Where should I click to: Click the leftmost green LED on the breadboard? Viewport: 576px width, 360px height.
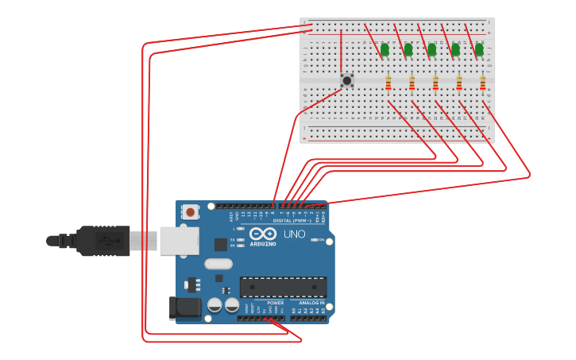pyautogui.click(x=385, y=50)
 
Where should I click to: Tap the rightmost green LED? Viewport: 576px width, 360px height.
pyautogui.click(x=479, y=50)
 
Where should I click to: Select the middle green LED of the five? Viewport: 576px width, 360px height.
pyautogui.click(x=431, y=50)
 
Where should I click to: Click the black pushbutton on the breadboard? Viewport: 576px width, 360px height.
pyautogui.click(x=346, y=80)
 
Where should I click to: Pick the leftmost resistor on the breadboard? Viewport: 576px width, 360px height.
pyautogui.click(x=389, y=83)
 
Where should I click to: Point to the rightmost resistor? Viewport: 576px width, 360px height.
pyautogui.click(x=482, y=83)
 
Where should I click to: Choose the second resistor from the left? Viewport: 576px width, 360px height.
pyautogui.click(x=412, y=83)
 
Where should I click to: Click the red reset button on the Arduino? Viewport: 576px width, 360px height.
pyautogui.click(x=190, y=212)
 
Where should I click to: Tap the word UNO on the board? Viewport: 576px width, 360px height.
pyautogui.click(x=294, y=234)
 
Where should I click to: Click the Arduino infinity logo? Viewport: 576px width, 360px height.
pyautogui.click(x=263, y=234)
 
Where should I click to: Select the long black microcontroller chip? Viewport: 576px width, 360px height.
pyautogui.click(x=283, y=287)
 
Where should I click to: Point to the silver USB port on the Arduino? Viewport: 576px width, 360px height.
pyautogui.click(x=179, y=241)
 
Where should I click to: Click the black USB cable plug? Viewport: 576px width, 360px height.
pyautogui.click(x=102, y=241)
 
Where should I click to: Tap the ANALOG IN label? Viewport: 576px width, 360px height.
pyautogui.click(x=311, y=303)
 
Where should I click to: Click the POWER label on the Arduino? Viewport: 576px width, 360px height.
pyautogui.click(x=275, y=303)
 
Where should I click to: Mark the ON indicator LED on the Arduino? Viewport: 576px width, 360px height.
pyautogui.click(x=315, y=240)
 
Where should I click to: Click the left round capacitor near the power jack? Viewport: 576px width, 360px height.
pyautogui.click(x=215, y=304)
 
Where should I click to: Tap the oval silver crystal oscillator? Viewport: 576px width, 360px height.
pyautogui.click(x=218, y=264)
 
